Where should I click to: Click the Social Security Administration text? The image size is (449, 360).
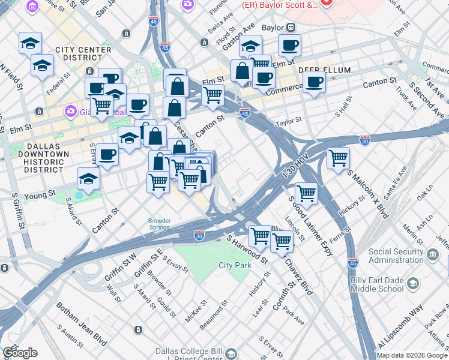396,256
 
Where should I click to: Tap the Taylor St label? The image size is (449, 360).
288,122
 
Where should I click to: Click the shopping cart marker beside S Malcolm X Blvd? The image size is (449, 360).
339,158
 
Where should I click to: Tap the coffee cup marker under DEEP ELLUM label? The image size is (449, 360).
313,82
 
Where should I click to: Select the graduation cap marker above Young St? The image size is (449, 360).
88,179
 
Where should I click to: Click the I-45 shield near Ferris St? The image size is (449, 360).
353,262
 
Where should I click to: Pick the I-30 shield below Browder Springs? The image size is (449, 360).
200,236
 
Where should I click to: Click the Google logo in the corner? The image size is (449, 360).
19,353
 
